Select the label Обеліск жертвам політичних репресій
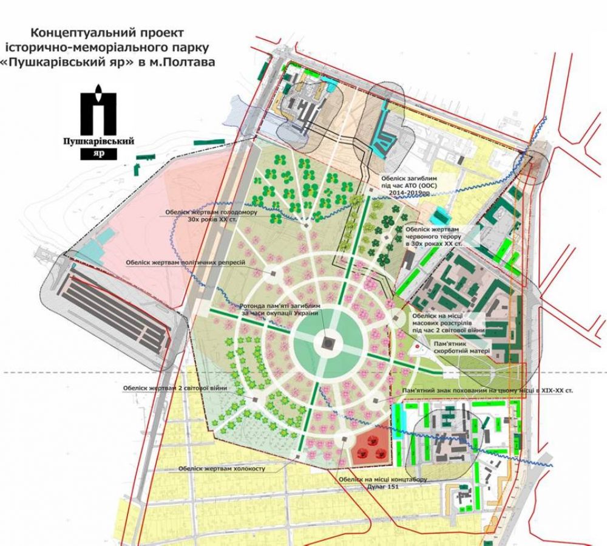pyautogui.click(x=185, y=263)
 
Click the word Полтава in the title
pyautogui.click(x=193, y=61)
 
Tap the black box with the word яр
pyautogui.click(x=100, y=154)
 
